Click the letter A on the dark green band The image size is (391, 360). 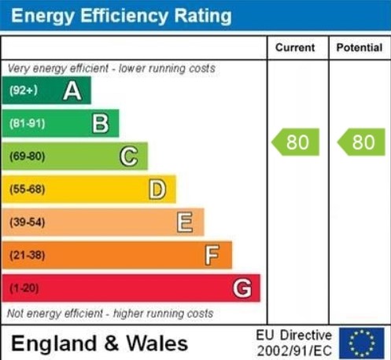click(x=72, y=91)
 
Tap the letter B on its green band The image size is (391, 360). click(x=100, y=123)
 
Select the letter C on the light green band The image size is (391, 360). click(x=128, y=156)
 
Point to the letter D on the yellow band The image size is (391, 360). click(x=157, y=189)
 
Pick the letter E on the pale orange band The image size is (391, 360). click(x=185, y=222)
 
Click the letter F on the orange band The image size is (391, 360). click(x=212, y=255)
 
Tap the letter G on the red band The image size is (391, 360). click(x=242, y=288)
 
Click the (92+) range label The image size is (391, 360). click(x=24, y=91)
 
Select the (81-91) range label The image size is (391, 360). click(x=27, y=123)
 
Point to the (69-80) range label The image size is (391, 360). click(x=27, y=156)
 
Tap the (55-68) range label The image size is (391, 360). click(x=27, y=189)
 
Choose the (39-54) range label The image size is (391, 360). click(x=27, y=222)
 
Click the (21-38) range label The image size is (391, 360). click(x=27, y=255)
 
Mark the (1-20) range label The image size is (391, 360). click(x=24, y=288)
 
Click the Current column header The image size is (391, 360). click(x=295, y=48)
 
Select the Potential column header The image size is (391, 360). click(x=360, y=48)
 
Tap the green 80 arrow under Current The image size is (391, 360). click(x=296, y=142)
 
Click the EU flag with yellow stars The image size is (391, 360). click(x=361, y=343)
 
